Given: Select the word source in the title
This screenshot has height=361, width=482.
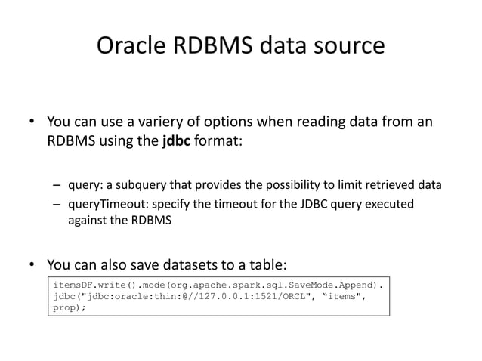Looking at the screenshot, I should (348, 46).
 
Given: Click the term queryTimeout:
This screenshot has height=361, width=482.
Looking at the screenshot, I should (107, 205).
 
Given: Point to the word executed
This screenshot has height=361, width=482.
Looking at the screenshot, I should (388, 205).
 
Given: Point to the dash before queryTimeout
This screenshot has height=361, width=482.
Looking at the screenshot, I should (57, 205).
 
